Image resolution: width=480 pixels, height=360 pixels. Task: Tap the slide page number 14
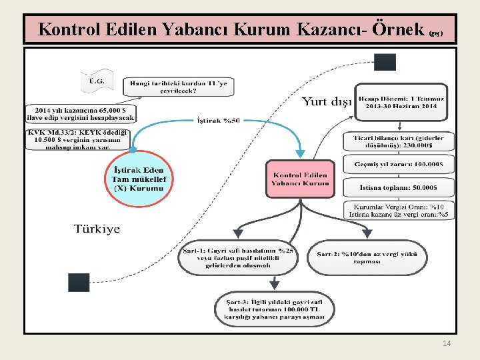[x=447, y=343]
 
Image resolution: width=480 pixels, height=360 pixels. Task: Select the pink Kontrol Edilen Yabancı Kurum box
[x=301, y=179]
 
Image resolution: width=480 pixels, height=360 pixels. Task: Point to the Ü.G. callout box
[x=97, y=82]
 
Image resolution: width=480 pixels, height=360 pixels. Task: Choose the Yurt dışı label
[x=327, y=102]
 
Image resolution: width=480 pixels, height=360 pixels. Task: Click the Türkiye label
[x=97, y=229]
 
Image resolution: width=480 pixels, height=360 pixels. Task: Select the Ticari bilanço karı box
[x=399, y=141]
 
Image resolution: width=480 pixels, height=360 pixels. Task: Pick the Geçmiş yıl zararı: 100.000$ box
[x=399, y=165]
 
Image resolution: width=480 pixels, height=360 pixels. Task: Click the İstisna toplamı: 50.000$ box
[x=399, y=187]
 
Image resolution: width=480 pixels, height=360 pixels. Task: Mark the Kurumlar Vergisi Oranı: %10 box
[x=399, y=210]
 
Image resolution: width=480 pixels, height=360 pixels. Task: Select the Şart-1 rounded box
[x=238, y=257]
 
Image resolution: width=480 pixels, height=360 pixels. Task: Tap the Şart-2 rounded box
[x=367, y=257]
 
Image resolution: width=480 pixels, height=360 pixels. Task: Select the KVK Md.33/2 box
[x=79, y=139]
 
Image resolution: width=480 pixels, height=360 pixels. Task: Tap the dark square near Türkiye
[x=79, y=282]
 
